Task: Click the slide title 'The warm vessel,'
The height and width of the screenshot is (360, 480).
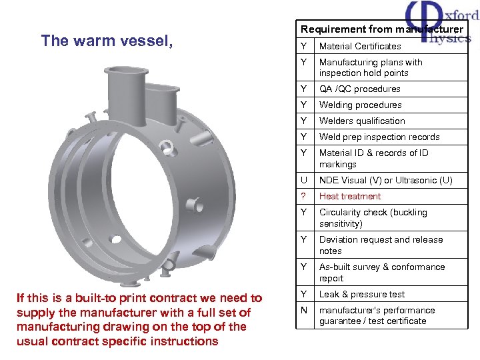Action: pyautogui.click(x=107, y=41)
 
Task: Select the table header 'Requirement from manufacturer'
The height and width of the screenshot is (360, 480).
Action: pyautogui.click(x=381, y=29)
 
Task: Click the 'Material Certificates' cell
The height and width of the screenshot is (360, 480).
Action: pyautogui.click(x=360, y=46)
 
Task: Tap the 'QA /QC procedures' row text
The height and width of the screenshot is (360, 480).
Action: pyautogui.click(x=360, y=89)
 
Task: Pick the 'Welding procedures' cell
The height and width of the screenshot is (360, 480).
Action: pyautogui.click(x=361, y=105)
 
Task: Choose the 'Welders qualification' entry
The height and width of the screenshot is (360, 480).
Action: pyautogui.click(x=362, y=121)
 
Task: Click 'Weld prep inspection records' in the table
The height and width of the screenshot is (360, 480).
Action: pyautogui.click(x=379, y=137)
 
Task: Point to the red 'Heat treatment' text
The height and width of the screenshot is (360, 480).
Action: pyautogui.click(x=350, y=196)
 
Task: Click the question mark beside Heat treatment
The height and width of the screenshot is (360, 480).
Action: pyautogui.click(x=304, y=196)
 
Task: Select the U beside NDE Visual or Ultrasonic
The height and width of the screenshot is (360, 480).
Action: pyautogui.click(x=304, y=180)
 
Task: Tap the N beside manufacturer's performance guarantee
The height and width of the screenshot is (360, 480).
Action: pyautogui.click(x=304, y=310)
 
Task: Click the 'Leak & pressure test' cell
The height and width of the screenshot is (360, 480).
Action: pyautogui.click(x=362, y=294)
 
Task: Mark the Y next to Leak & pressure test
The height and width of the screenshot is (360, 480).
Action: pyautogui.click(x=304, y=294)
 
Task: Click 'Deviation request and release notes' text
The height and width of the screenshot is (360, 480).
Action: pyautogui.click(x=381, y=245)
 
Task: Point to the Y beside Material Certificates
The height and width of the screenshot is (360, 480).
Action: pyautogui.click(x=304, y=46)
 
